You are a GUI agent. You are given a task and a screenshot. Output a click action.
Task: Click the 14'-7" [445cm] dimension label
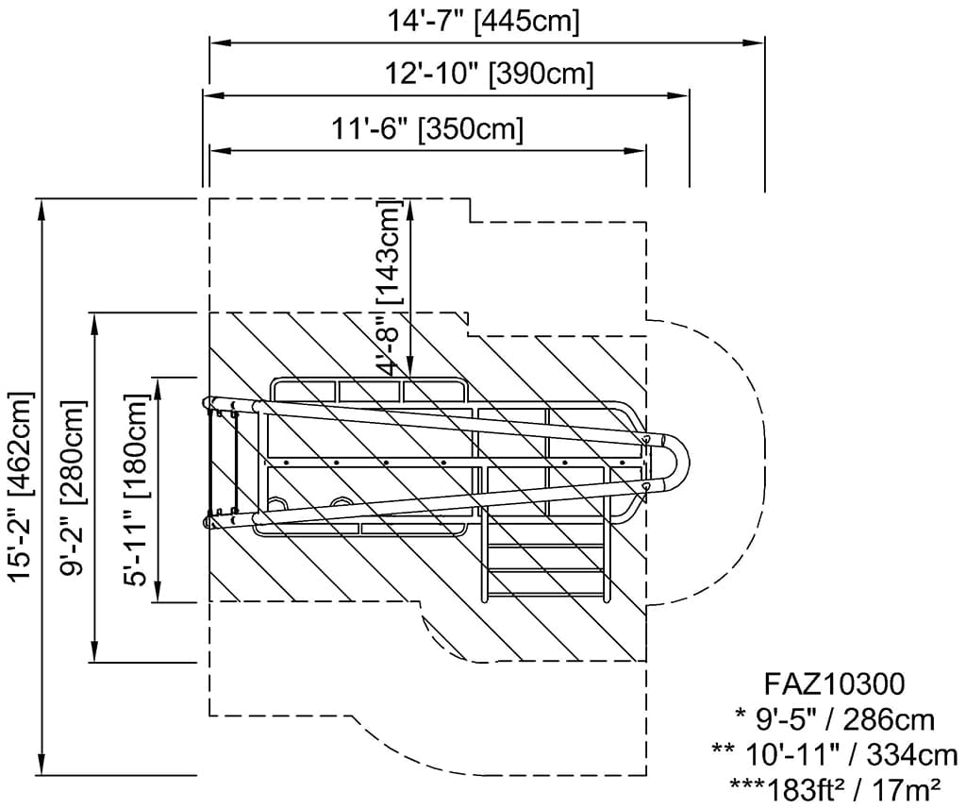484,21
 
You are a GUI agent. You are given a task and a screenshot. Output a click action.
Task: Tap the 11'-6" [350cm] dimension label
426,127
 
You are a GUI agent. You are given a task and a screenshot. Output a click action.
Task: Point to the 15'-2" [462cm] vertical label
21,486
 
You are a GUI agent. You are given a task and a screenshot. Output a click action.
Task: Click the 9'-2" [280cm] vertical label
75,486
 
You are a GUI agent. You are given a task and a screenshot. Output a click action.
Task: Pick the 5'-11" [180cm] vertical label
137,489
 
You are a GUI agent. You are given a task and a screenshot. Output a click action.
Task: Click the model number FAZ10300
834,683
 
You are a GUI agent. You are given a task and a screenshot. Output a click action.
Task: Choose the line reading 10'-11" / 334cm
835,753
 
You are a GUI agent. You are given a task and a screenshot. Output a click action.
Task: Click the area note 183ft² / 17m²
835,785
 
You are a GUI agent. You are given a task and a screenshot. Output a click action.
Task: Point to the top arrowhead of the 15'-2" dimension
42,209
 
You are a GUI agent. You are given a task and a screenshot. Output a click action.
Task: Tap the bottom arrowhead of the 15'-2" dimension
42,765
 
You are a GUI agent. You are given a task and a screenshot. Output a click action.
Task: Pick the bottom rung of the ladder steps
544,594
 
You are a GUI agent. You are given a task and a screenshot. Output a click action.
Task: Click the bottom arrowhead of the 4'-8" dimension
411,369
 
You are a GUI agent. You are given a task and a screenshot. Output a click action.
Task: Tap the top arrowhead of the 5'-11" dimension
157,385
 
